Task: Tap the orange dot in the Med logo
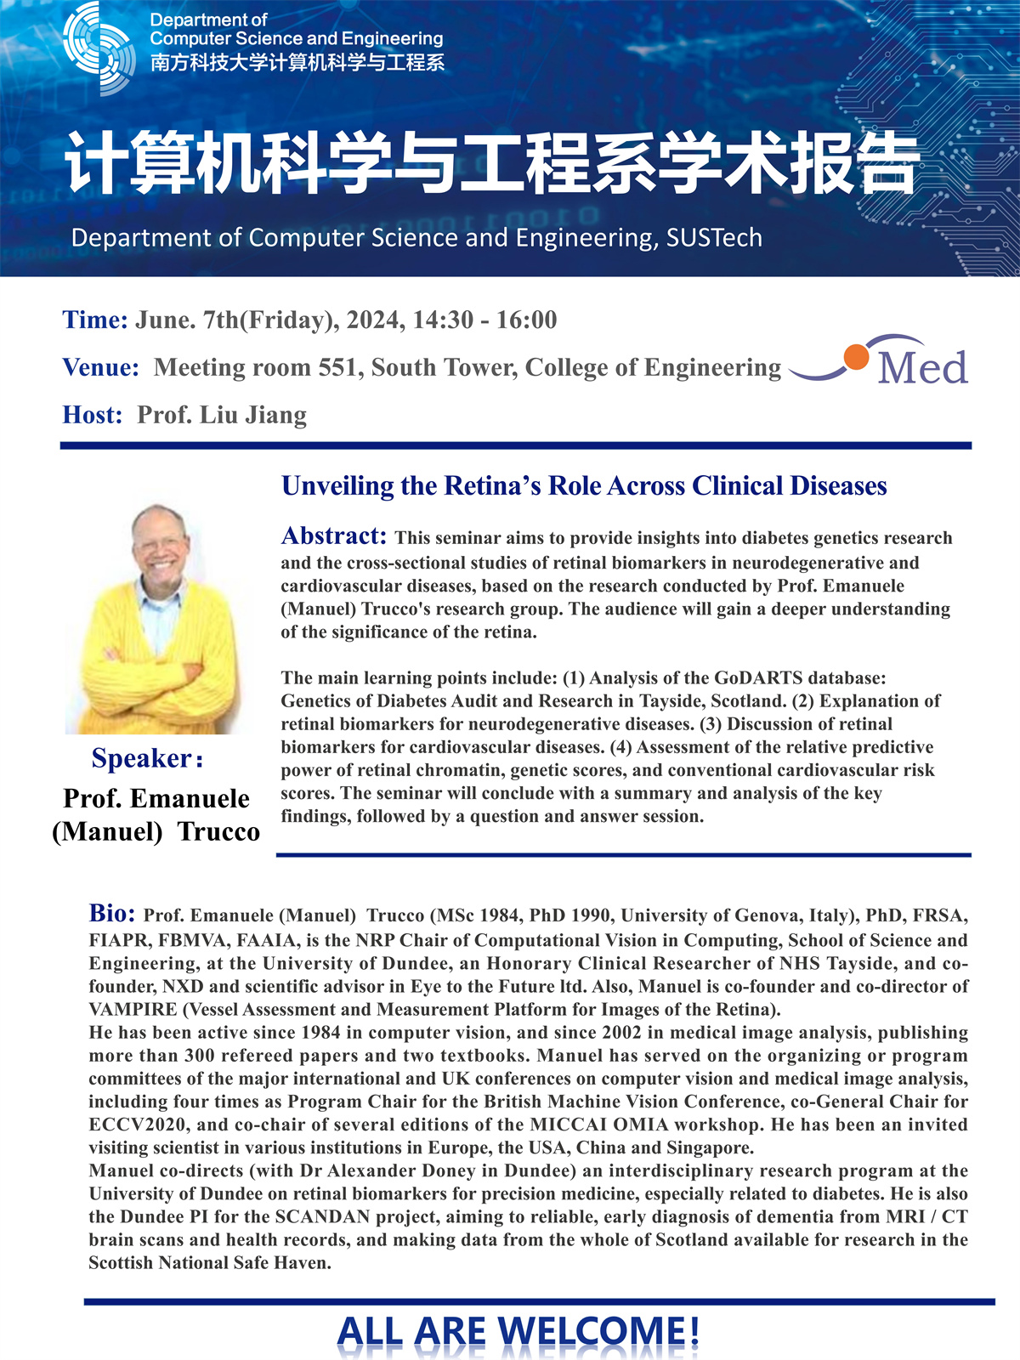[x=856, y=356]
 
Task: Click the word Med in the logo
[x=922, y=367]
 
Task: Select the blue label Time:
[x=94, y=320]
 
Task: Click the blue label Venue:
[x=100, y=368]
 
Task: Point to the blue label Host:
[x=92, y=416]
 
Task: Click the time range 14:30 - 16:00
[x=484, y=320]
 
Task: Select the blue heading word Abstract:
[x=333, y=536]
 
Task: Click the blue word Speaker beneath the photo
[x=142, y=758]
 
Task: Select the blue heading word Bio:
[x=111, y=914]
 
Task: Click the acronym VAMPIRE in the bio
[x=129, y=1010]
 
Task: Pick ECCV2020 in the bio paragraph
[x=128, y=1125]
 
